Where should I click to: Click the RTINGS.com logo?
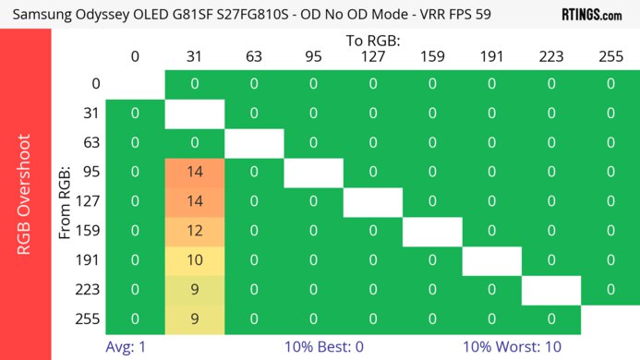(591, 15)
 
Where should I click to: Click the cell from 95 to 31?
(194, 172)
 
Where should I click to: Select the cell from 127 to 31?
(194, 201)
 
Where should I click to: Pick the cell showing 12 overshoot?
(194, 231)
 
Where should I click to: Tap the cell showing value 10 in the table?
(194, 260)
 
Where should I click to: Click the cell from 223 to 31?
(194, 290)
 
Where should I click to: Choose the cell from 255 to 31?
(194, 319)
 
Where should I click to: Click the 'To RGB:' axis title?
(373, 41)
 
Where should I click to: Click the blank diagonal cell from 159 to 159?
(432, 231)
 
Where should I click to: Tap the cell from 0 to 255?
(610, 84)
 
